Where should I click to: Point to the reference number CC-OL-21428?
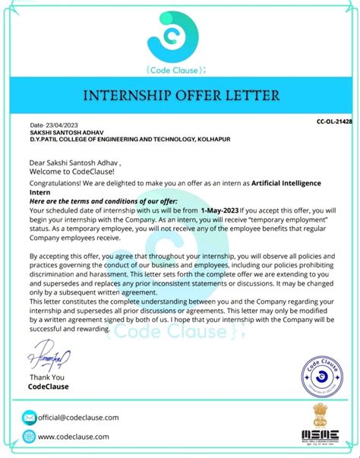coord(333,122)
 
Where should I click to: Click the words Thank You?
coord(46,377)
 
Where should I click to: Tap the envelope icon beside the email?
coord(29,418)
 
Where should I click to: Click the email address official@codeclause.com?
coord(78,418)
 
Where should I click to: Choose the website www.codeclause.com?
coord(74,437)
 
